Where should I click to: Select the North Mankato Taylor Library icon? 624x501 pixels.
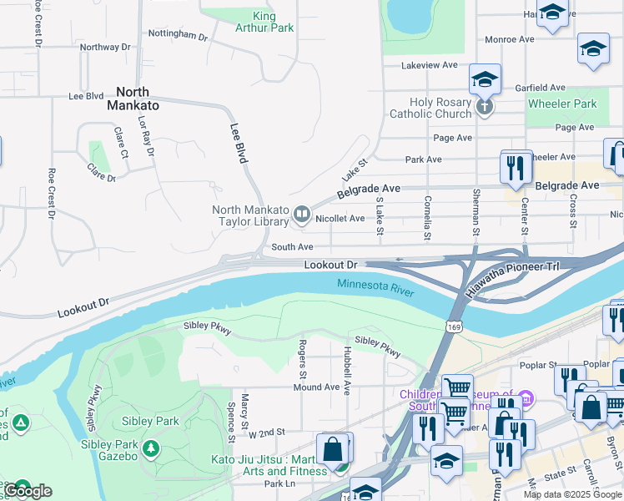(301, 216)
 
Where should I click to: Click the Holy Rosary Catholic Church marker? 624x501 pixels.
(485, 107)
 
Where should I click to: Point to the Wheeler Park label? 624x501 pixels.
(562, 104)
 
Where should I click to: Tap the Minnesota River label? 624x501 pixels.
(375, 286)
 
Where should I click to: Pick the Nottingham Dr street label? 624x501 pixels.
(177, 35)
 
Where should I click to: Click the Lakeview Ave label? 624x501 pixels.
(429, 64)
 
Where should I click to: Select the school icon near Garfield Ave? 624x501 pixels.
(485, 80)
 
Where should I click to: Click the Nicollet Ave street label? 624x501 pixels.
(340, 219)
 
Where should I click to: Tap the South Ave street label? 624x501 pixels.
(292, 247)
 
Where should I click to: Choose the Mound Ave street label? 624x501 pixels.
(316, 387)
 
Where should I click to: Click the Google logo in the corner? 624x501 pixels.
(28, 491)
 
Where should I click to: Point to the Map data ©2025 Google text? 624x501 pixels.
(572, 494)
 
